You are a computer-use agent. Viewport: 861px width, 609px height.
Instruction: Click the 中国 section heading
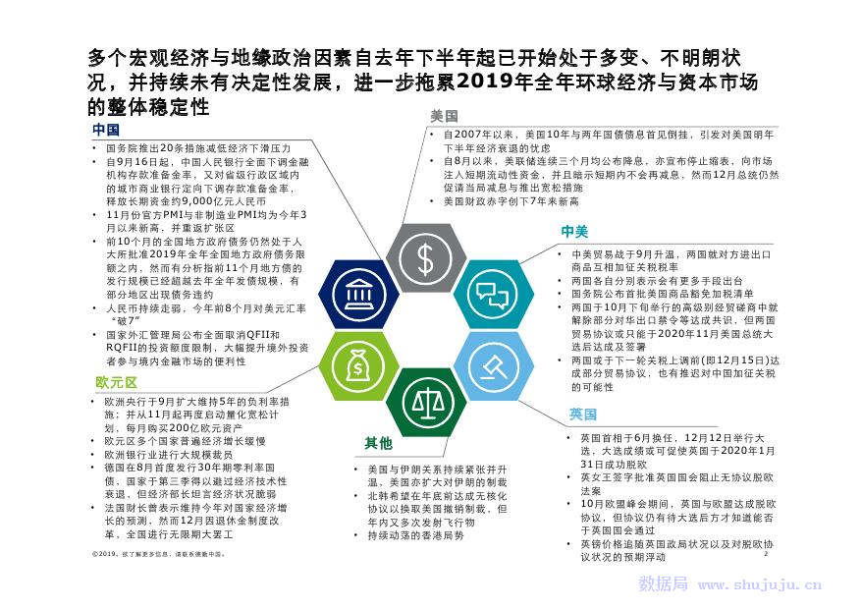coord(106,130)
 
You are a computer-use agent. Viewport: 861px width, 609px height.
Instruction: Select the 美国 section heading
coord(444,116)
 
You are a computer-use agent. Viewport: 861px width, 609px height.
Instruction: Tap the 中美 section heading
coord(574,232)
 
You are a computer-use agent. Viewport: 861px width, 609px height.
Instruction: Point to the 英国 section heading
coord(582,415)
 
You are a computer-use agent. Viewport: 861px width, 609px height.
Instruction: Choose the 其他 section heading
coord(378,443)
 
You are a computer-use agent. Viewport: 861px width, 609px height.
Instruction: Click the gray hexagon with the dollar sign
coord(427,258)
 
